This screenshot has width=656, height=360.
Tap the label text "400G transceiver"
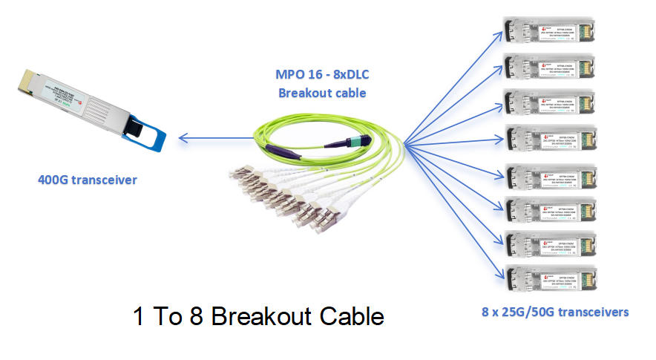point(87,180)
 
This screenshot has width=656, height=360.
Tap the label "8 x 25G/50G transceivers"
point(554,312)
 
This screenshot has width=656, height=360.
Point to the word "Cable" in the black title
point(351,317)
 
